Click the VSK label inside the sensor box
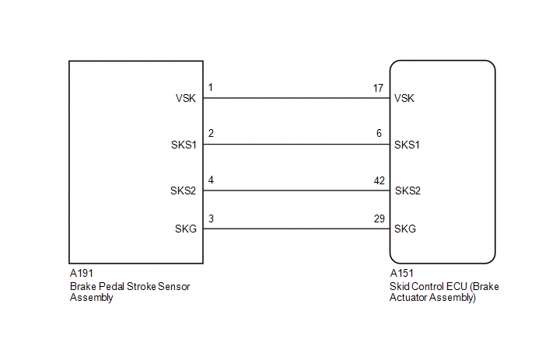tap(186, 98)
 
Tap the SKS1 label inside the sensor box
tap(184, 145)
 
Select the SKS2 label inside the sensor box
tap(184, 190)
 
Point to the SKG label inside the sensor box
tap(186, 229)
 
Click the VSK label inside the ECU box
tap(404, 98)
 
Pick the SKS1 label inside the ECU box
tap(407, 145)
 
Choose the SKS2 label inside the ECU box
tap(407, 190)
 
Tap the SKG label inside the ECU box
tap(405, 229)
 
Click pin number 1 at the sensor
tap(211, 87)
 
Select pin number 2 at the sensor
tap(211, 133)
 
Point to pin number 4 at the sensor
tap(211, 180)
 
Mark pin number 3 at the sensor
tap(211, 218)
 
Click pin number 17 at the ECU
tap(378, 88)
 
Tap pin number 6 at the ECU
tap(379, 133)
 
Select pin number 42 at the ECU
tap(379, 180)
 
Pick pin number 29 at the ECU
tap(379, 218)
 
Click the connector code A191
tap(81, 273)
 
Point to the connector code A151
tap(401, 273)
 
